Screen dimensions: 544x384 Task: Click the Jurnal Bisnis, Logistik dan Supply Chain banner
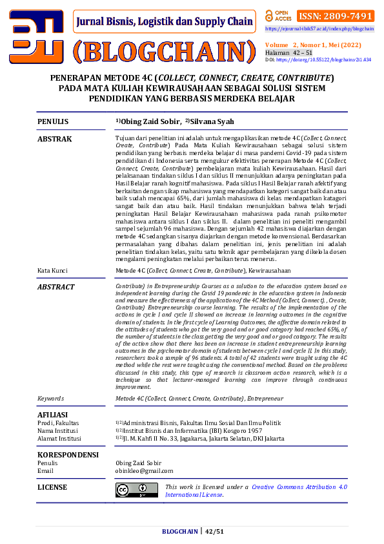tap(164, 21)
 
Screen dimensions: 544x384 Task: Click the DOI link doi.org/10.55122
tap(323, 59)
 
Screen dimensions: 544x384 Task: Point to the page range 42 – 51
tap(299, 52)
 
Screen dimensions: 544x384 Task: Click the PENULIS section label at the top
tap(53, 121)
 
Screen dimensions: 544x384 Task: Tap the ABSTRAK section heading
tap(55, 139)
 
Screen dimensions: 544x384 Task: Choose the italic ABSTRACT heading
tap(56, 287)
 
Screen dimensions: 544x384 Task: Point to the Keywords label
tap(51, 399)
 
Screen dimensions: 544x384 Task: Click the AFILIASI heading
tap(54, 414)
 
